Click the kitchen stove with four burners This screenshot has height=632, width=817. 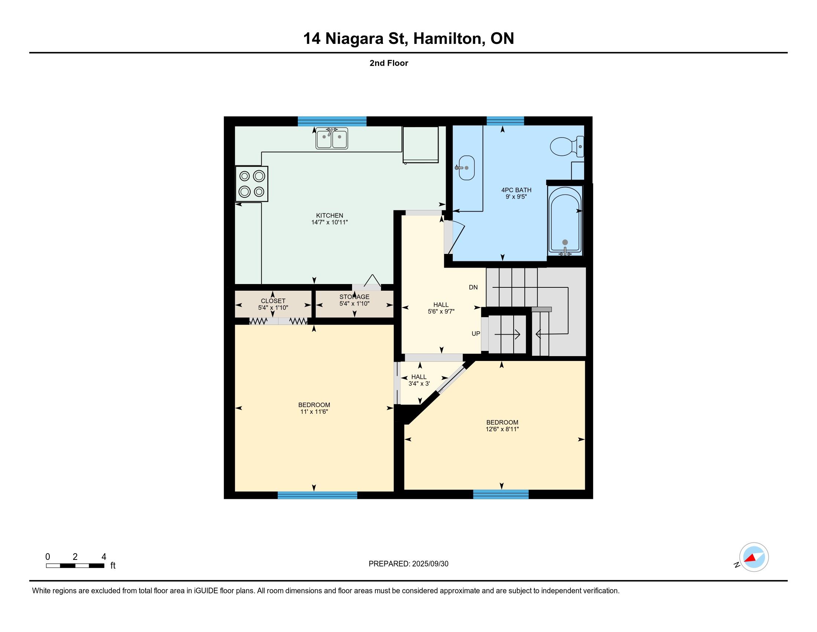[x=252, y=184]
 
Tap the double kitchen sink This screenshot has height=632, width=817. [x=331, y=138]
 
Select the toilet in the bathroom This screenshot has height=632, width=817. [x=567, y=146]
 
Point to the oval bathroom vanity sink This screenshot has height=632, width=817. [x=466, y=168]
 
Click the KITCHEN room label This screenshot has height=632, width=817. [x=329, y=216]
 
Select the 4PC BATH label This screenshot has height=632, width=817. [x=516, y=190]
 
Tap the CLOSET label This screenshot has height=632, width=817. [x=273, y=301]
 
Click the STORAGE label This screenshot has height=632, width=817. [x=354, y=297]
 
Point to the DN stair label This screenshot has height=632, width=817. [x=473, y=287]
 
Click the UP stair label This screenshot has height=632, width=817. [x=476, y=333]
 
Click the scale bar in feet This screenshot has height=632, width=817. [x=75, y=566]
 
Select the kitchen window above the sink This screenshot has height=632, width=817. [x=332, y=121]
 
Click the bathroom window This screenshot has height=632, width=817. [x=505, y=120]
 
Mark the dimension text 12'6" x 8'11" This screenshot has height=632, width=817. [x=502, y=429]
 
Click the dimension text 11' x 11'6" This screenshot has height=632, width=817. [x=314, y=412]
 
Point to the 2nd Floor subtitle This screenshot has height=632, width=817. [x=389, y=63]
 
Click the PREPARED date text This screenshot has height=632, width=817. [x=408, y=564]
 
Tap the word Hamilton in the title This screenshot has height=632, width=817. [x=447, y=39]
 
